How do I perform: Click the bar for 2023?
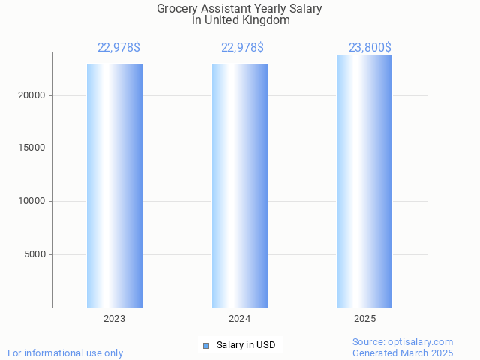115,185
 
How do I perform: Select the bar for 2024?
240,185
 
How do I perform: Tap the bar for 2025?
364,181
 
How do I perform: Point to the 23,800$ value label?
370,48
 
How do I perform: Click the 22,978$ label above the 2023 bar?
118,48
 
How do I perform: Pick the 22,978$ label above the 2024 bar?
242,48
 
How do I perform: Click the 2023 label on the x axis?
115,319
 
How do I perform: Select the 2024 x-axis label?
240,319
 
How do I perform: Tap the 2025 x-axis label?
364,319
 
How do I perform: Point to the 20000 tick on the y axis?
31,95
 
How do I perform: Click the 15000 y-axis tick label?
31,148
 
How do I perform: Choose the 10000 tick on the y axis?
31,201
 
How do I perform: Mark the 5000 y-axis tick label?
34,254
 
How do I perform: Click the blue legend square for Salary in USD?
206,346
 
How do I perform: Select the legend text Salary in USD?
246,345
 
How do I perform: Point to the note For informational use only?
65,352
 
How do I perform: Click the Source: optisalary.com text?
403,341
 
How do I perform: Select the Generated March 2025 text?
403,352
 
